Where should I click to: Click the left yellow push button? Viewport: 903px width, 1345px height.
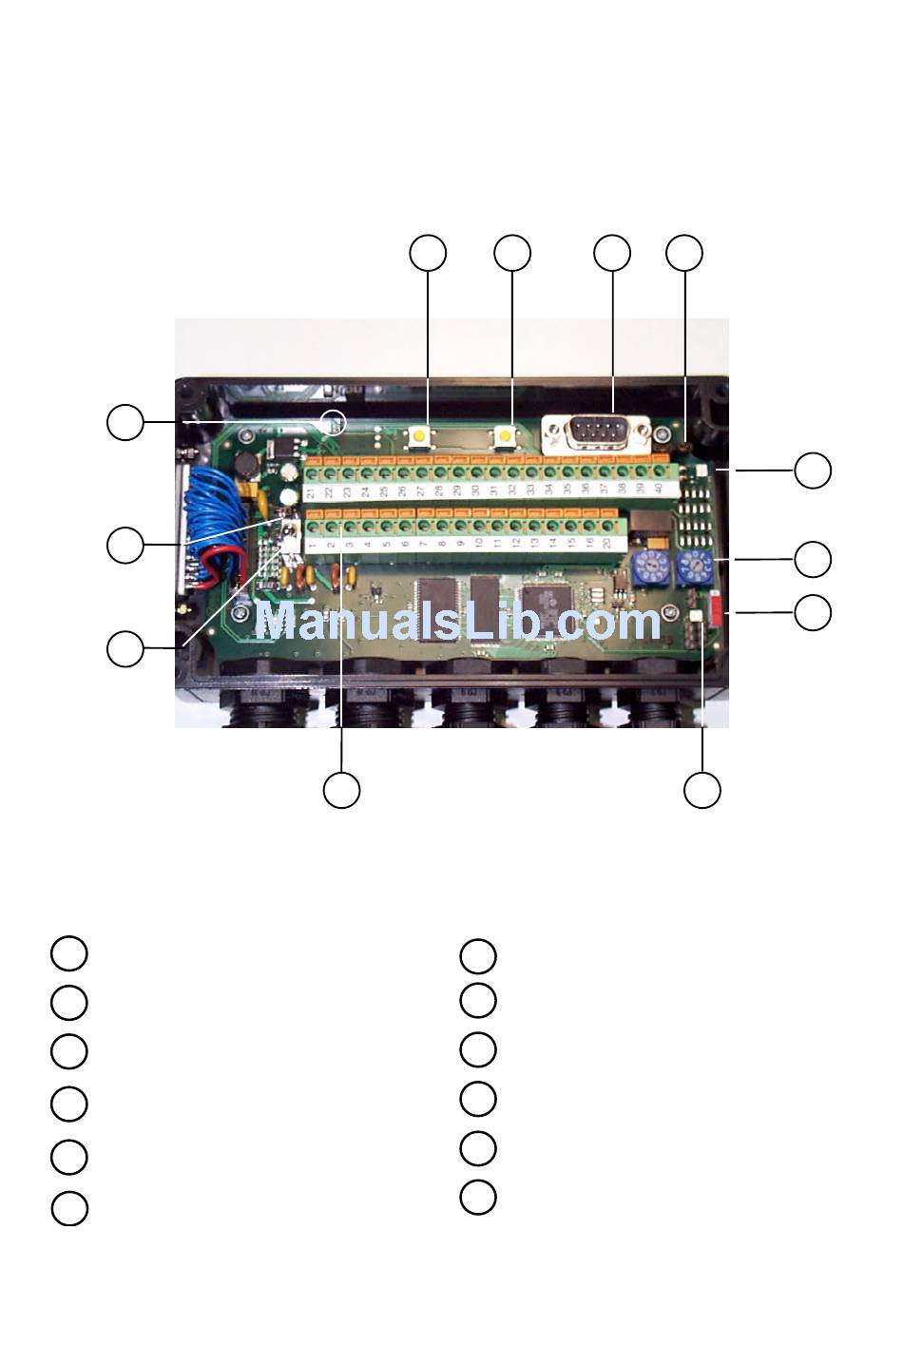pyautogui.click(x=416, y=436)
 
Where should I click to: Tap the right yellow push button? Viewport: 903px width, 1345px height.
pyautogui.click(x=504, y=436)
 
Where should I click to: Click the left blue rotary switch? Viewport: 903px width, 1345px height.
pyautogui.click(x=646, y=568)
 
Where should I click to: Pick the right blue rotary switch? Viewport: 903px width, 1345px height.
pyautogui.click(x=697, y=568)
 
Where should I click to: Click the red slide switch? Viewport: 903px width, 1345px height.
pyautogui.click(x=717, y=611)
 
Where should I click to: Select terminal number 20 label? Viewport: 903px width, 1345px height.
pyautogui.click(x=605, y=543)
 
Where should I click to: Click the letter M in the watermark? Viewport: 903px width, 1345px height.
pyautogui.click(x=279, y=624)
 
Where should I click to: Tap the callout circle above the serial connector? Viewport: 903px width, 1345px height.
pyautogui.click(x=612, y=253)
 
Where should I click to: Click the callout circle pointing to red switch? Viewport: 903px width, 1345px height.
pyautogui.click(x=812, y=612)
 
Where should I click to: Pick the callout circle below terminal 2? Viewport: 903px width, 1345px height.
pyautogui.click(x=341, y=791)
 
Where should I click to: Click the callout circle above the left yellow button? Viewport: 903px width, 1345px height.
pyautogui.click(x=428, y=253)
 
